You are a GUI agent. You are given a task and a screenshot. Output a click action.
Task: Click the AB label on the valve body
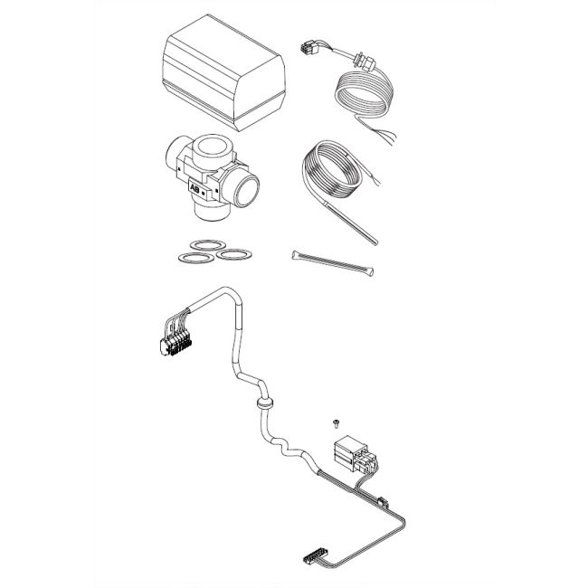(x=195, y=188)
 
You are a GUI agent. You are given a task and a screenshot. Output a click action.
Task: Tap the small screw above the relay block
(x=334, y=421)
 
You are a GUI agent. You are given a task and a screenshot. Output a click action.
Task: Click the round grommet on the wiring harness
(x=264, y=402)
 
